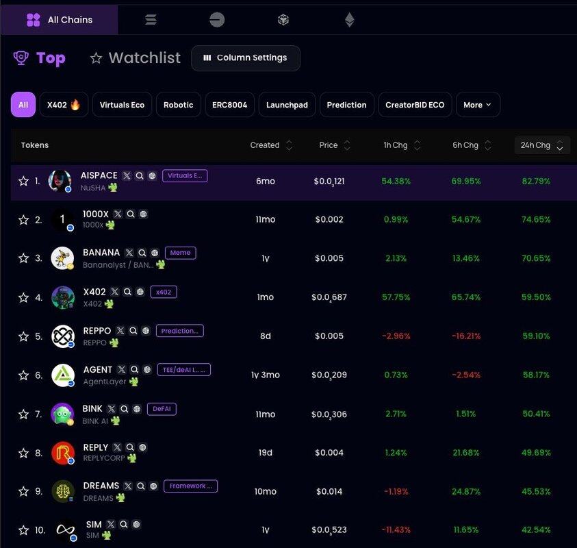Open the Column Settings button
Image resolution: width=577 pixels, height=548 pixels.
(245, 58)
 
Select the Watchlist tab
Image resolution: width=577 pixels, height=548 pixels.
(136, 58)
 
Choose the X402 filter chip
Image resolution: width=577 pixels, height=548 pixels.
(64, 105)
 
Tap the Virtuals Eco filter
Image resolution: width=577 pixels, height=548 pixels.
(122, 105)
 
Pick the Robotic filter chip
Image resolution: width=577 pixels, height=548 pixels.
(179, 105)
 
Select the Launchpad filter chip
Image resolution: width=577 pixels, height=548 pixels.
(287, 105)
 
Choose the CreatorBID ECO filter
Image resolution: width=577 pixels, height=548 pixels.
(415, 105)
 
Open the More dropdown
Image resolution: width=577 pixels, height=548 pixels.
(477, 105)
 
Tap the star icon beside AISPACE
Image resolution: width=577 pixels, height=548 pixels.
(23, 182)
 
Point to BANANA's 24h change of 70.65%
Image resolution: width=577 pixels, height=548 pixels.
(535, 258)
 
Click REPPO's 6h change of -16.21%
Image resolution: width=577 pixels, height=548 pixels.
(466, 336)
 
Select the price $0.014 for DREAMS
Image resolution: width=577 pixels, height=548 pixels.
(328, 492)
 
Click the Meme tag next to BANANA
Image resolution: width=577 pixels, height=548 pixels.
(180, 253)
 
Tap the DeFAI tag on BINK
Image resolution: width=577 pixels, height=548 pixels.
(162, 409)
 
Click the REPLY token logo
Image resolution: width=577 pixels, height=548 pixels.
(62, 453)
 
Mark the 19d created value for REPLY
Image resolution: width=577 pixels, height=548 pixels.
(265, 453)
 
